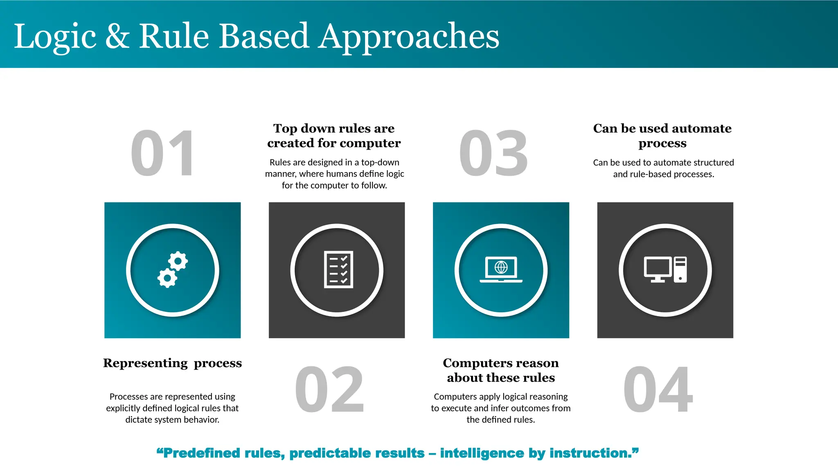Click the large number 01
click(x=162, y=154)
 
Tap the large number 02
click(x=329, y=389)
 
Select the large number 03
click(x=493, y=154)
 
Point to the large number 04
click(x=658, y=389)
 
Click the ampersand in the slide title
click(x=117, y=37)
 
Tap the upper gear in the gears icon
click(x=178, y=261)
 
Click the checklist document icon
click(x=338, y=269)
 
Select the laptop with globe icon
click(x=501, y=269)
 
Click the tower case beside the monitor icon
click(x=680, y=269)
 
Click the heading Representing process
click(x=172, y=363)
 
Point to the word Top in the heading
click(x=285, y=128)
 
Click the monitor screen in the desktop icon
click(x=657, y=267)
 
